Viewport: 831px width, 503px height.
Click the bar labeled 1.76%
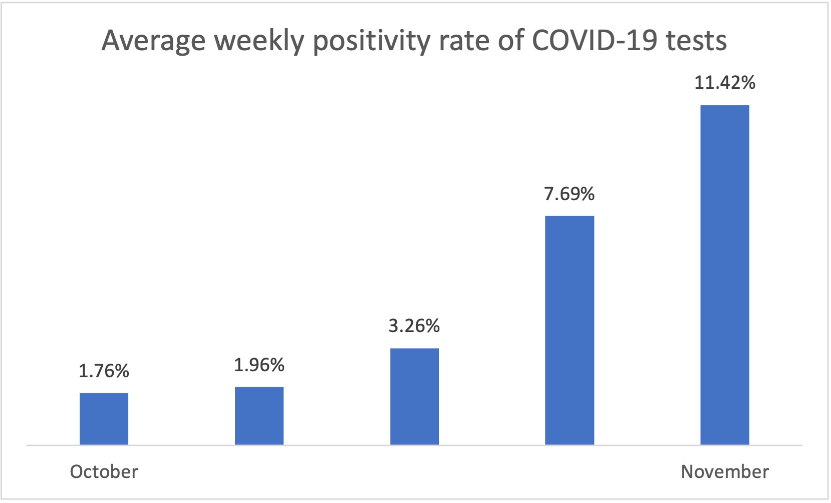tap(104, 419)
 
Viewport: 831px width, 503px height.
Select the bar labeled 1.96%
tap(259, 416)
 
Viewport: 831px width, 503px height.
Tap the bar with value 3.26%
tap(414, 396)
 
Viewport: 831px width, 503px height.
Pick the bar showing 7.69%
tap(570, 330)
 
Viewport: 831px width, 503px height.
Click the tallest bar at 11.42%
tap(724, 275)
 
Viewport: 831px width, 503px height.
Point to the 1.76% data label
tap(104, 371)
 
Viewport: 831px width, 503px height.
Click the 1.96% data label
tap(259, 365)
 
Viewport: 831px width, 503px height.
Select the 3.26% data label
tap(414, 326)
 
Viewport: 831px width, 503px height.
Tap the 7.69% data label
tap(570, 194)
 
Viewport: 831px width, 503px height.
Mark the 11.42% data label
tap(724, 83)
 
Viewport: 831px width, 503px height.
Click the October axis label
tap(104, 472)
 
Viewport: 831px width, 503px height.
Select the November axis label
tap(724, 472)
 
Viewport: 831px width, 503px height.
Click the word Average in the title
tap(153, 41)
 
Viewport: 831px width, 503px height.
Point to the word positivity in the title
tap(371, 41)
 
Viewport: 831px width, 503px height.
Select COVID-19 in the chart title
tap(594, 41)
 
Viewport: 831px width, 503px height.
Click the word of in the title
tap(510, 41)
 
